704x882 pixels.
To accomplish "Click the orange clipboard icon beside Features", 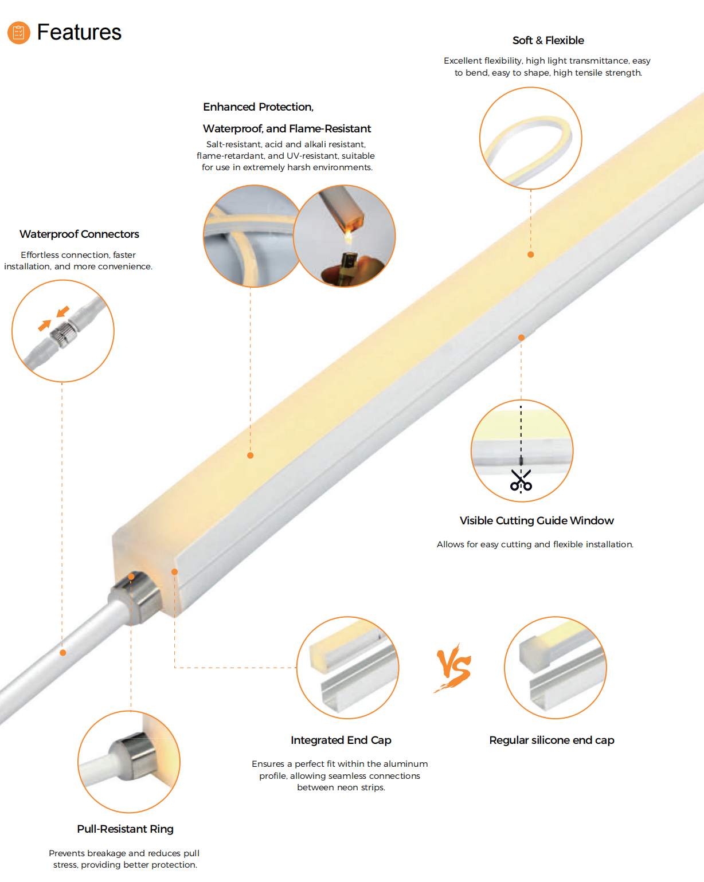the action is pyautogui.click(x=19, y=32).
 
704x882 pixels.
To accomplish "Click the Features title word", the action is pyautogui.click(x=79, y=32).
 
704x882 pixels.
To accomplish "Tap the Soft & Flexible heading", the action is pyautogui.click(x=548, y=40).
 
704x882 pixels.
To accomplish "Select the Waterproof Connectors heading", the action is pyautogui.click(x=79, y=234).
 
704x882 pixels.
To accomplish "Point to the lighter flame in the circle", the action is pyautogui.click(x=348, y=237).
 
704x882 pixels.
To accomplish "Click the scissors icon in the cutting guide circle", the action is pyautogui.click(x=521, y=480).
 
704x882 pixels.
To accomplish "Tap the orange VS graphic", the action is pyautogui.click(x=453, y=667).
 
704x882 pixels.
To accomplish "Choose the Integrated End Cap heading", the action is pyautogui.click(x=341, y=740).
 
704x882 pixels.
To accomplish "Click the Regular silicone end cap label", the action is pyautogui.click(x=552, y=740).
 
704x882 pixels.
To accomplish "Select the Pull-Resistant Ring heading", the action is pyautogui.click(x=125, y=829).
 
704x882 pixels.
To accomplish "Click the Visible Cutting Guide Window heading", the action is pyautogui.click(x=536, y=520).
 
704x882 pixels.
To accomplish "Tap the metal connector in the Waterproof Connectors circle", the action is pyautogui.click(x=64, y=335).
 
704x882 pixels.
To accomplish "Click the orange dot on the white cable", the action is pyautogui.click(x=62, y=653).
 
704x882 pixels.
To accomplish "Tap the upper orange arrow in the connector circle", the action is pyautogui.click(x=62, y=312).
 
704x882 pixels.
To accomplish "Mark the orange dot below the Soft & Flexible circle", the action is pyautogui.click(x=530, y=254).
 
